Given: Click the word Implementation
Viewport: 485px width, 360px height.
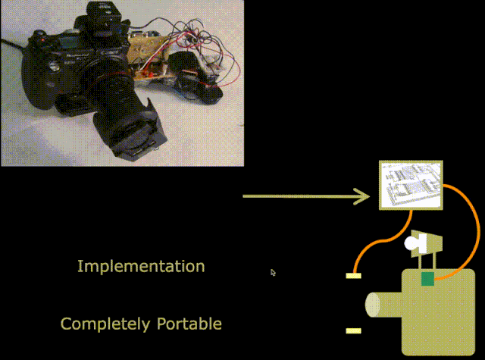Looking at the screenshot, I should click(x=141, y=267).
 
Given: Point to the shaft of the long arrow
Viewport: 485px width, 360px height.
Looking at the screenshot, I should click(x=296, y=197).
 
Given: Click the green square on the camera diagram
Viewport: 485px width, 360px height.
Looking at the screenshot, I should click(x=427, y=280).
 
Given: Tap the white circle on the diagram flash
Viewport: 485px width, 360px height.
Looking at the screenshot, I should click(x=412, y=244).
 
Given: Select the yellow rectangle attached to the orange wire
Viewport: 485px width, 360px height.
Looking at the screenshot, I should click(x=354, y=275).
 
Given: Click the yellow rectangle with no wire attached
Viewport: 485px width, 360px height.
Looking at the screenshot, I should click(x=353, y=331).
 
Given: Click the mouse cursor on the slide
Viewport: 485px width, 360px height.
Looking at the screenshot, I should click(x=273, y=272).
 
